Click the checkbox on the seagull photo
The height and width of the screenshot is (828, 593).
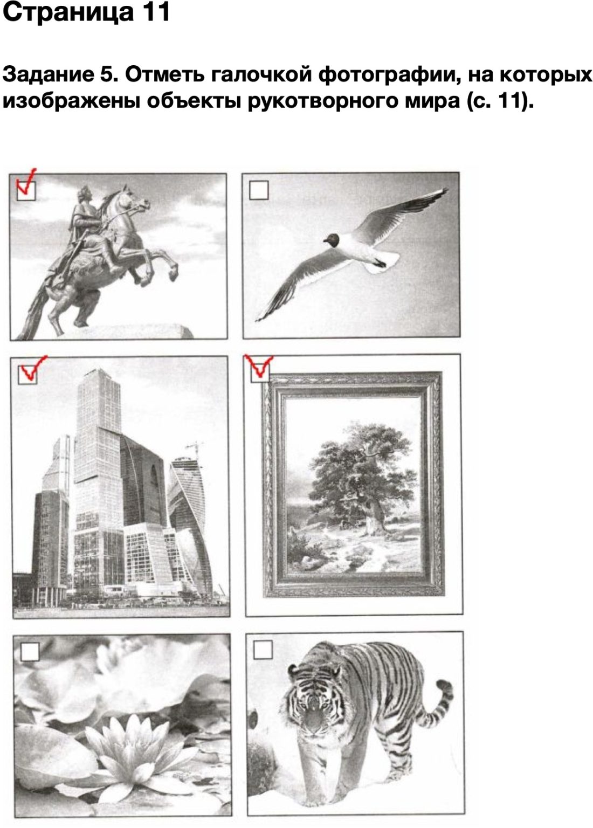click(258, 190)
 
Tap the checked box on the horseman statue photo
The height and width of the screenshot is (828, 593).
click(26, 191)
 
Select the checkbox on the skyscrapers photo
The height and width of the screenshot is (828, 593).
click(27, 375)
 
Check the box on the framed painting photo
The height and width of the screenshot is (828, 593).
click(260, 372)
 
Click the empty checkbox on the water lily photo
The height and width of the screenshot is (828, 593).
click(30, 651)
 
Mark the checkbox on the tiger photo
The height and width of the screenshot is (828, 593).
click(263, 650)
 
